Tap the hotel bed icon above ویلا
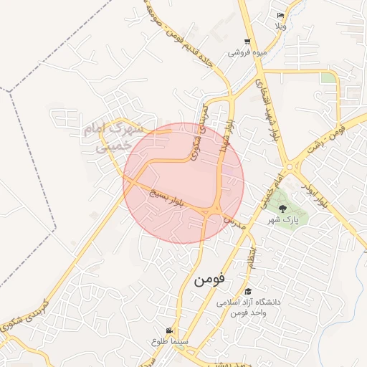[x=280, y=15]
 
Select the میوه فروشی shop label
[x=244, y=52]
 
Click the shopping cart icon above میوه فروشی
[x=247, y=42]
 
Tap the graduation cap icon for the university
[x=248, y=292]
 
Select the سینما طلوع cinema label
[x=168, y=342]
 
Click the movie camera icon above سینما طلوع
[x=169, y=331]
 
